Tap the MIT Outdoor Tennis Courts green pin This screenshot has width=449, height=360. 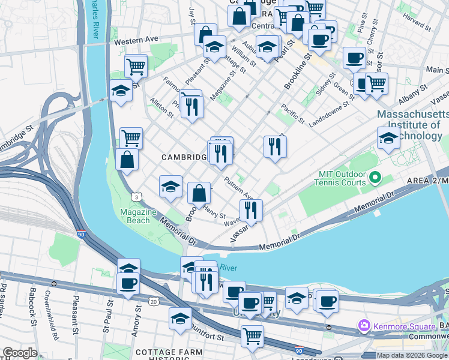(375, 178)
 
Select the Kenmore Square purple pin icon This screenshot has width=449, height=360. (363, 326)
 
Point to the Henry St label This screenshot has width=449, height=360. (214, 212)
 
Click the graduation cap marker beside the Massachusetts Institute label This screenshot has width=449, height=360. (388, 139)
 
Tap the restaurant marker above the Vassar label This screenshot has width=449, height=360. (251, 210)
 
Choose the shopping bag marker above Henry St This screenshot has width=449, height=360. (199, 193)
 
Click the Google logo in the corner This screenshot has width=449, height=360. (19, 353)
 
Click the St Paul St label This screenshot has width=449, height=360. (110, 313)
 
